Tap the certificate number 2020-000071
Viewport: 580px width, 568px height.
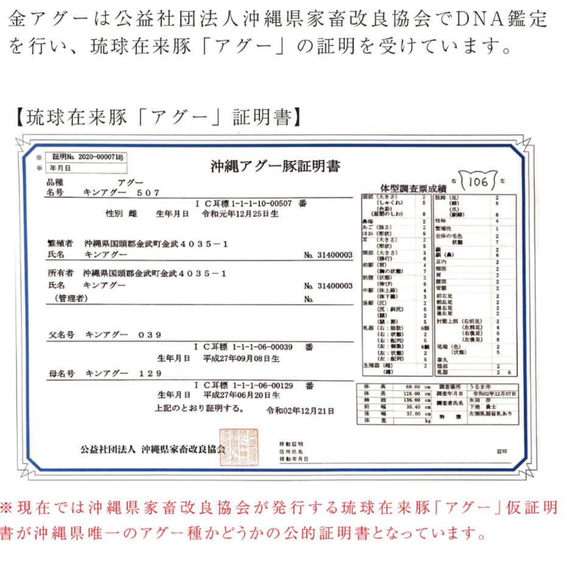[100, 157]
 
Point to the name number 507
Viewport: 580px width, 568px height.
[147, 193]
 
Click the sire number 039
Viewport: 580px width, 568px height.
[150, 335]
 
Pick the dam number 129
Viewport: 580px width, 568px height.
[150, 373]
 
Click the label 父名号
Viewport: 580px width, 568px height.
[62, 335]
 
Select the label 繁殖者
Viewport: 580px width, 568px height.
[60, 243]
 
